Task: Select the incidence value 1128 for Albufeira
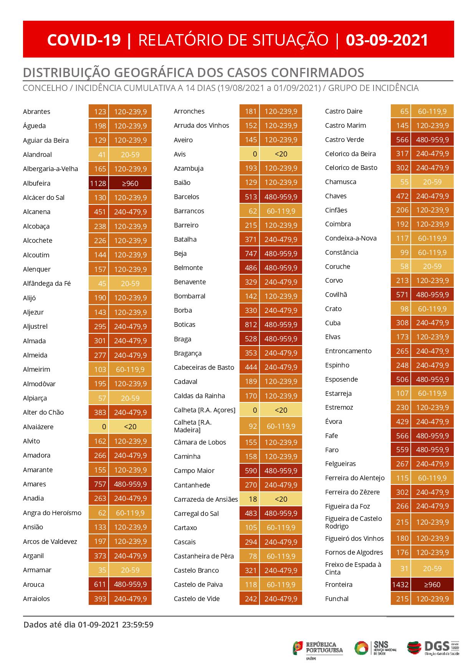coord(98,183)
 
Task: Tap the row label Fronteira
coord(339,585)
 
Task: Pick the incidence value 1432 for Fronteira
coord(400,585)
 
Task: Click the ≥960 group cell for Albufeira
coord(130,183)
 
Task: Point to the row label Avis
coord(180,154)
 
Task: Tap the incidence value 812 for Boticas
coord(250,324)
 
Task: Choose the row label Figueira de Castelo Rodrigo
coord(353,522)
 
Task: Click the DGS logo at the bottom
coord(433,648)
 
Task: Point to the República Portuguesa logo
coord(318,648)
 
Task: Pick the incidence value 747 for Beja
coord(250,254)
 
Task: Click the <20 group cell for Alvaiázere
coord(130,427)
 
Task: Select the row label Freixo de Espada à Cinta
coord(353,568)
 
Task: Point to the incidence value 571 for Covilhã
coord(402,295)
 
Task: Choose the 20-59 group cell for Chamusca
coord(432,182)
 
